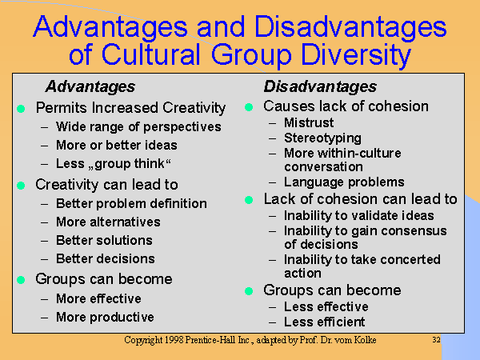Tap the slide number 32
[436, 341]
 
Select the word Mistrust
[311, 123]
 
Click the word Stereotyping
[322, 138]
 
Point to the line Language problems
[344, 182]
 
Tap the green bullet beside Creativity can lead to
[22, 186]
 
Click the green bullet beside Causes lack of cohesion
[249, 107]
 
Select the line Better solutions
[104, 241]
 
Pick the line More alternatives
[108, 222]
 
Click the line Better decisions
[106, 259]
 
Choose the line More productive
[105, 317]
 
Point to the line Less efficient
[325, 322]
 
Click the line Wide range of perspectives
[138, 127]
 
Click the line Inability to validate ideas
[358, 215]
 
